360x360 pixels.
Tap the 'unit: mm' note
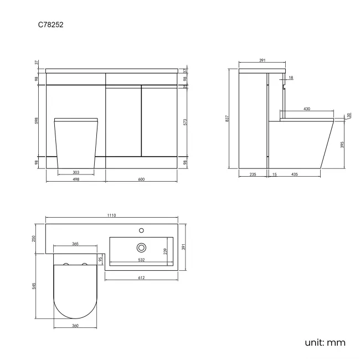[x=325, y=343]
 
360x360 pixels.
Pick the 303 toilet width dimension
[x=75, y=172]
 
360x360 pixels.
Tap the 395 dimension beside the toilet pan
[x=343, y=145]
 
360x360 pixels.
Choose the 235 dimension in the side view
[x=253, y=174]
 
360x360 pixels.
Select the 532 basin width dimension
[x=141, y=259]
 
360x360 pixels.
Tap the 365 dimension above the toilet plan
[x=75, y=244]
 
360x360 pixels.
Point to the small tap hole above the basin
[x=141, y=229]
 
